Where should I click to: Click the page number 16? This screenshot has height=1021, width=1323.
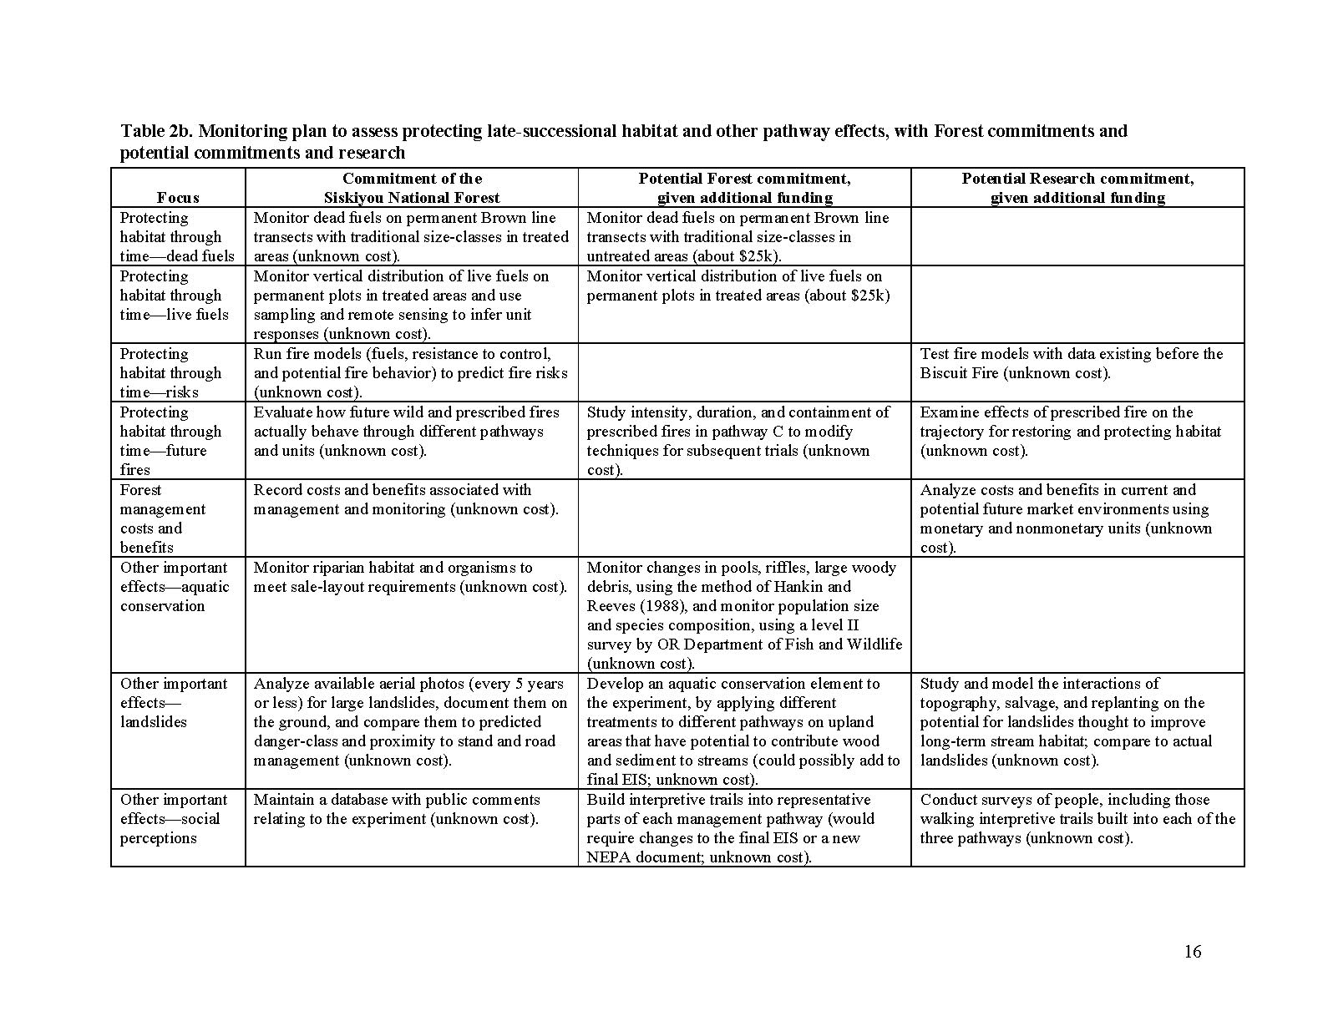(1192, 952)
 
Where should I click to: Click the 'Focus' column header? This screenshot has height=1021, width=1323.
(178, 198)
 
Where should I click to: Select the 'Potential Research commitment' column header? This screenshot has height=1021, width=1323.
(1077, 188)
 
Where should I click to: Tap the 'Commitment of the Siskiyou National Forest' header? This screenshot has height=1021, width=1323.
(412, 188)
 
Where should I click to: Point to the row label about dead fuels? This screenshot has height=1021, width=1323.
(177, 237)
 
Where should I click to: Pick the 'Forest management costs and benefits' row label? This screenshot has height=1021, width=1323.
(162, 518)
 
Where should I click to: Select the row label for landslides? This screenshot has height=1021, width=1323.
(174, 703)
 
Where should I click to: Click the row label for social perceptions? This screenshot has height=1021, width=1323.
(174, 819)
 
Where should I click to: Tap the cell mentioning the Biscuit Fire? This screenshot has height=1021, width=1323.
(1072, 364)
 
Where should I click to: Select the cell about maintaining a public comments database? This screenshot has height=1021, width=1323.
(397, 810)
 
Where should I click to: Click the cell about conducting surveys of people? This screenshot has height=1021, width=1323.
(1077, 819)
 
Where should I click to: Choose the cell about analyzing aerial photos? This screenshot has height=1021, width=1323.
(410, 722)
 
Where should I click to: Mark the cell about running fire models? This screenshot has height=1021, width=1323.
(410, 373)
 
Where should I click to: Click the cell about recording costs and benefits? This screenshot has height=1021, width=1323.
(406, 499)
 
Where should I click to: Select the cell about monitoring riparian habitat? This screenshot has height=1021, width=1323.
(410, 577)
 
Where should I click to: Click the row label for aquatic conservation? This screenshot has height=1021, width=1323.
(174, 587)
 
